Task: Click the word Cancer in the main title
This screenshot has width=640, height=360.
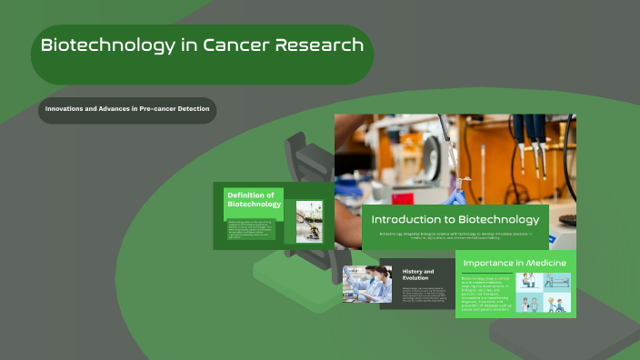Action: coord(231,45)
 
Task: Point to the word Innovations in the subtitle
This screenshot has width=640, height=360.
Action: coord(66,110)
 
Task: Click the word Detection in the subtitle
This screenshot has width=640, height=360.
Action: coord(193,110)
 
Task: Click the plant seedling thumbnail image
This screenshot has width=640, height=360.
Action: coord(309,221)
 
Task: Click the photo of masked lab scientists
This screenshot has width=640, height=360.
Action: coord(368,284)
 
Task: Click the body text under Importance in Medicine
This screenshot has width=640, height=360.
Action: coord(486,295)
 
